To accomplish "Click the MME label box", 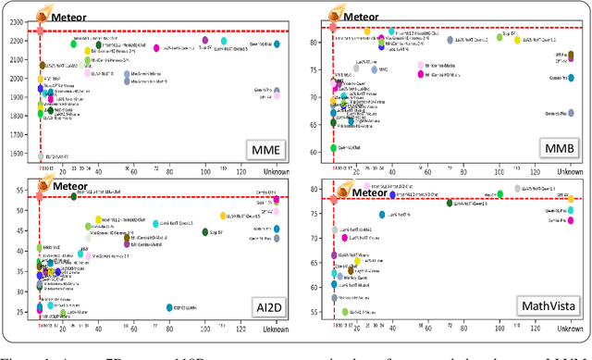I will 267,148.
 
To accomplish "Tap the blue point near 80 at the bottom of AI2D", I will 168,307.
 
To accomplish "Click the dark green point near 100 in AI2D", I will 205,232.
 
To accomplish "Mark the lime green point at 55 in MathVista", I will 344,312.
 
